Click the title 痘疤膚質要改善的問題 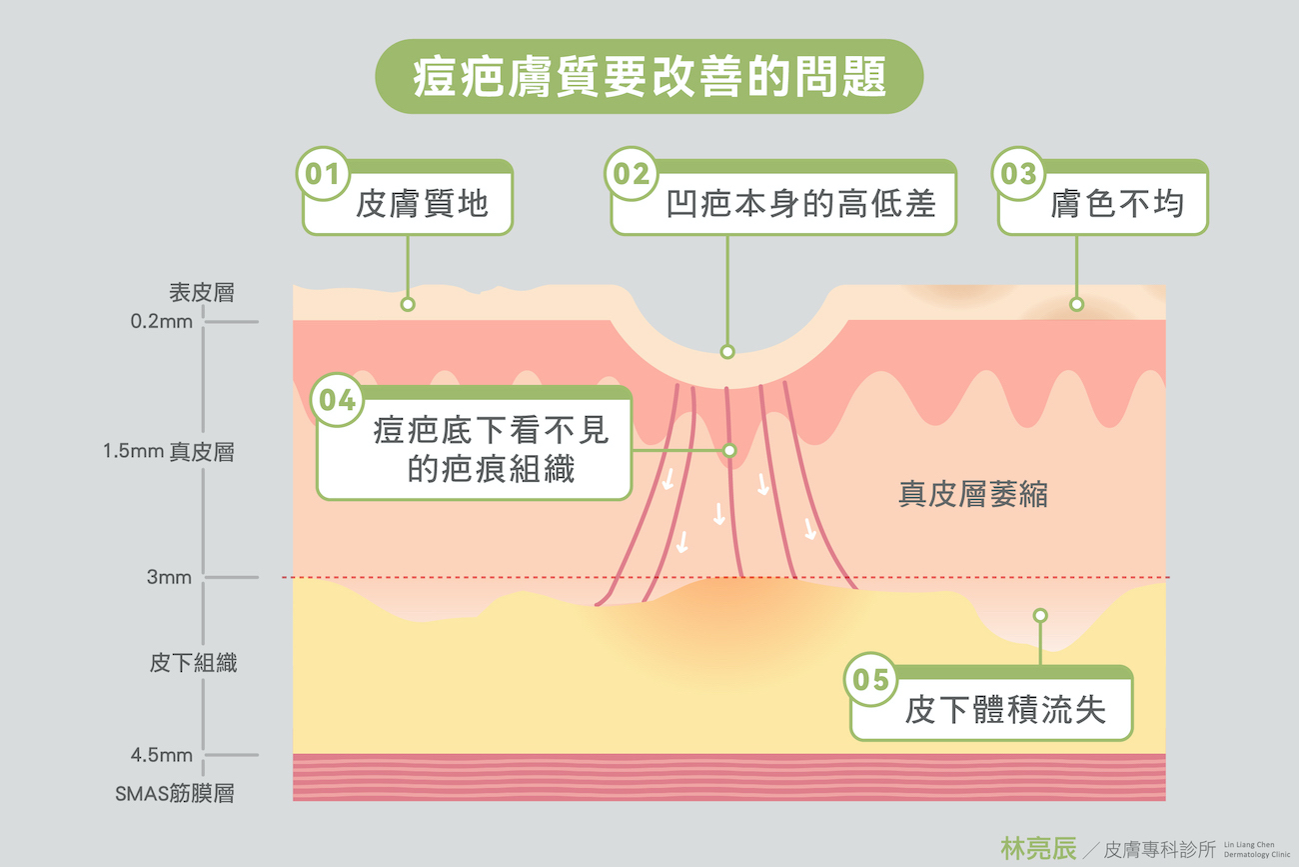pos(649,77)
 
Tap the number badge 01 pos(322,175)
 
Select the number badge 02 pos(631,175)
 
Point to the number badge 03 pos(1018,175)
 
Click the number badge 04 pos(337,401)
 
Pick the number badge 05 pos(871,681)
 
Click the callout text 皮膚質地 pos(422,205)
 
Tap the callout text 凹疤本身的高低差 pos(800,205)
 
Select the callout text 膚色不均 pos(1116,205)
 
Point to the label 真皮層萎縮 pos(972,494)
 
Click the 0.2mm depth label pos(162,322)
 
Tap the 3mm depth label pos(169,577)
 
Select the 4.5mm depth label pos(162,755)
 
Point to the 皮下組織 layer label pos(193,663)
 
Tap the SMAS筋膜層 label pos(174,794)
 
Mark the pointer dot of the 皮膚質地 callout pos(407,304)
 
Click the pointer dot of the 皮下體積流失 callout pos(1040,615)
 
